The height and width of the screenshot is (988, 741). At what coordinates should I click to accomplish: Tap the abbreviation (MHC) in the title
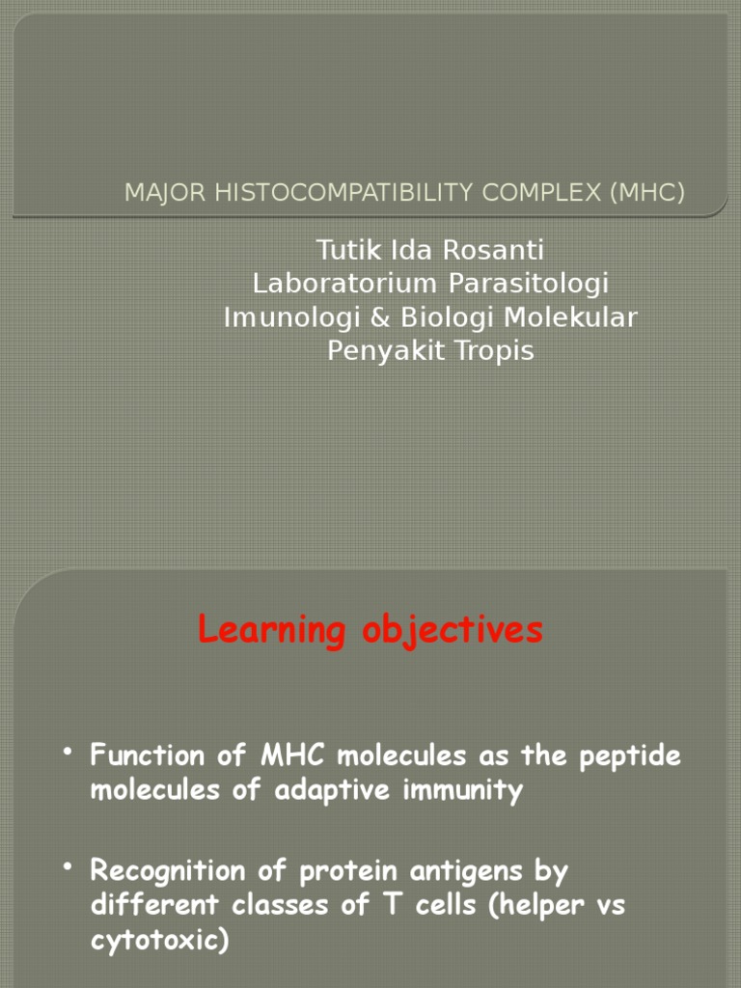tap(645, 193)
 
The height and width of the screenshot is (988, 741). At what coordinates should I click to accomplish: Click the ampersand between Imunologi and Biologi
tap(370, 317)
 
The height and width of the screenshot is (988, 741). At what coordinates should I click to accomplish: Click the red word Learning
tap(269, 631)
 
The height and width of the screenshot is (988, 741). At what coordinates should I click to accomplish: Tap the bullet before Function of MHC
tap(69, 753)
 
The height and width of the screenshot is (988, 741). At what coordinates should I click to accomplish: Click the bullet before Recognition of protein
tap(69, 868)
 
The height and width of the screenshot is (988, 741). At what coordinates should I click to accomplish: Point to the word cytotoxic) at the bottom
tap(160, 942)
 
